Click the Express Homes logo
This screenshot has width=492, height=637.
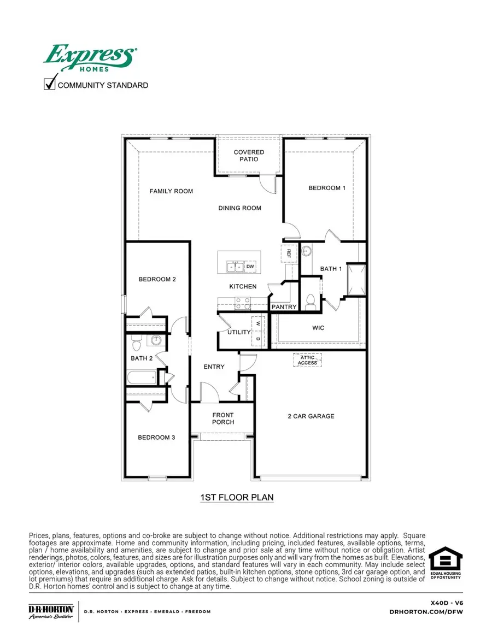click(x=90, y=58)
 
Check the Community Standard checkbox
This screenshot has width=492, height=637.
click(x=50, y=84)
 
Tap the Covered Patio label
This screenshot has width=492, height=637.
click(x=249, y=156)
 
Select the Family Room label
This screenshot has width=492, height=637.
click(x=172, y=191)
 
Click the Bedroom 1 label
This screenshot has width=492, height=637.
click(x=327, y=188)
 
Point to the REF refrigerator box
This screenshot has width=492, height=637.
click(x=289, y=253)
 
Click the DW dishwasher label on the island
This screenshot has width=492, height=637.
click(x=250, y=267)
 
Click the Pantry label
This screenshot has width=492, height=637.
click(x=284, y=307)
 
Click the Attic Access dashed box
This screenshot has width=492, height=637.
click(x=307, y=361)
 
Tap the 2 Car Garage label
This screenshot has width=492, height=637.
click(x=311, y=416)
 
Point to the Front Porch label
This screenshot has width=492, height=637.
click(x=223, y=418)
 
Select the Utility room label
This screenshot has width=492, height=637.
click(x=239, y=332)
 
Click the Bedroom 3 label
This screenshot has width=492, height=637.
click(x=156, y=437)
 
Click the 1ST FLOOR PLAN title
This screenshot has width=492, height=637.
click(x=237, y=498)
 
